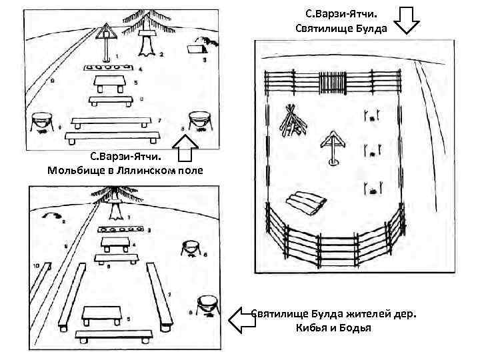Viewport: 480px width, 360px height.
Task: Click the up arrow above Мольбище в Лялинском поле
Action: pyautogui.click(x=187, y=149)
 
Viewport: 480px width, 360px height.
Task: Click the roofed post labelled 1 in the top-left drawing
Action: pyautogui.click(x=105, y=39)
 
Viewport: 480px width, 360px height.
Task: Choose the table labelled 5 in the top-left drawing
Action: pyautogui.click(x=111, y=83)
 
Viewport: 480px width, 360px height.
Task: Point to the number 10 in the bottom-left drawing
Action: pyautogui.click(x=35, y=265)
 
